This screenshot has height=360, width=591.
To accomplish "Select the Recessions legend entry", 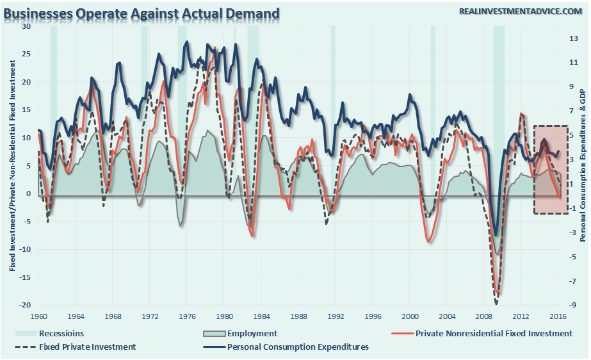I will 61,333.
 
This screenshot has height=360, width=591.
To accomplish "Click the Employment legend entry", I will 252,333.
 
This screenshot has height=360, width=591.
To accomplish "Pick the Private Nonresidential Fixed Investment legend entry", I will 494,333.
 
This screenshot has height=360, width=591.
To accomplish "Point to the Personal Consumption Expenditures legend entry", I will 298,347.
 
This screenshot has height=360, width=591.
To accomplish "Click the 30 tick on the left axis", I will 26,26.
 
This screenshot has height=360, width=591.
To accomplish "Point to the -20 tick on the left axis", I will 24,305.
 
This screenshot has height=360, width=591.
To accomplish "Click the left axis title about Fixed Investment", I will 12,165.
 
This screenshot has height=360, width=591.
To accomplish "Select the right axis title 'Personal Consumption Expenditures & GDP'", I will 584,165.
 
